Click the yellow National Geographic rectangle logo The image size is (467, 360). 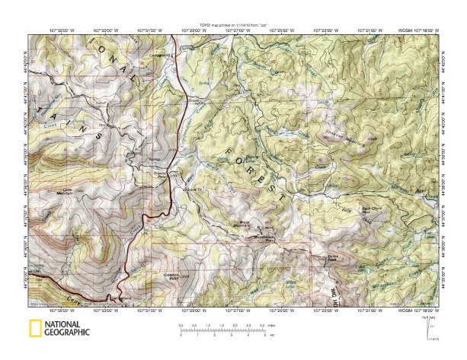pyautogui.click(x=34, y=330)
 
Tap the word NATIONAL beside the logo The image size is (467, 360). pyautogui.click(x=66, y=325)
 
